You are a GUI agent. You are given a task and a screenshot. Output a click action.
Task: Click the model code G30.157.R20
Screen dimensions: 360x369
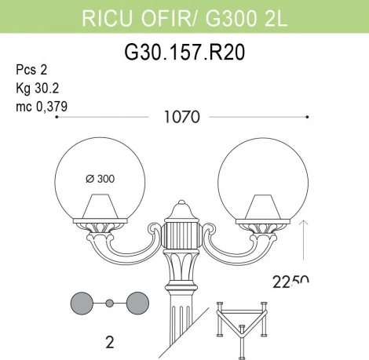184,53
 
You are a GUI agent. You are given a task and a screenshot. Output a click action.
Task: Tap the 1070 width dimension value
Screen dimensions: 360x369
182,118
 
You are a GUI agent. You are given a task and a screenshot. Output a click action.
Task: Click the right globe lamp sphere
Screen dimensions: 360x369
261,176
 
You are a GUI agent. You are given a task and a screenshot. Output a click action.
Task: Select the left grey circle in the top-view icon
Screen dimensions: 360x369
83,303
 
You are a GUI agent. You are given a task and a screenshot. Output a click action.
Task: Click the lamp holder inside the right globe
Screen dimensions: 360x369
261,208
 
